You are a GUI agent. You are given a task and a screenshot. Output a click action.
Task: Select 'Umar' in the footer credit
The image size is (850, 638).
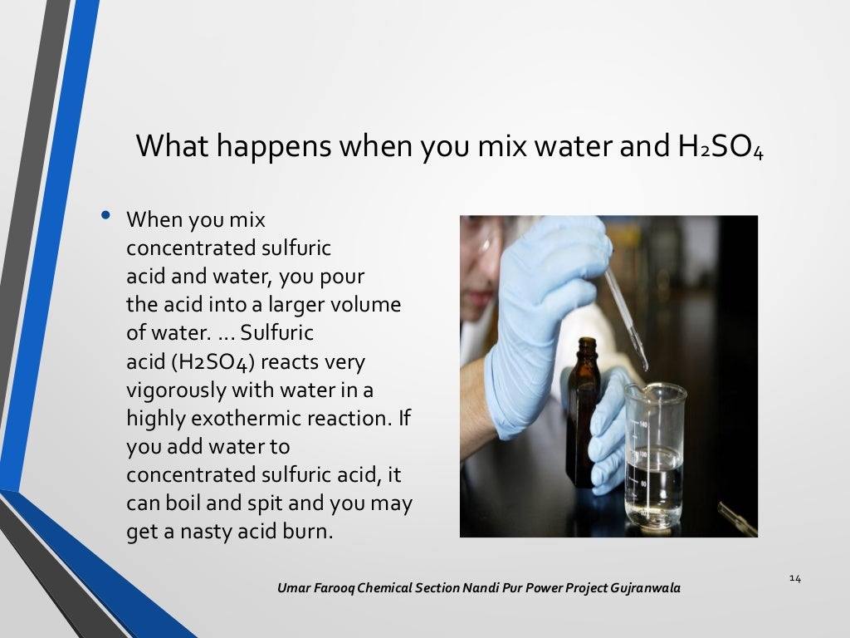295,588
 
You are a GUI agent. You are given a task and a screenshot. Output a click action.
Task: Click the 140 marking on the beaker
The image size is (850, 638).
642,422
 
